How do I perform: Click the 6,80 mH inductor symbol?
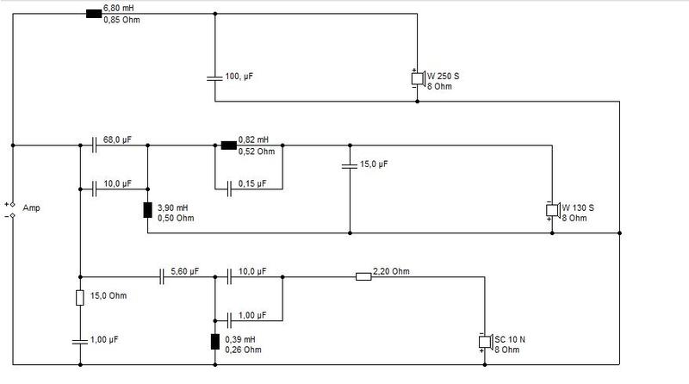click(x=94, y=13)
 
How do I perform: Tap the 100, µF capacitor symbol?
click(x=214, y=77)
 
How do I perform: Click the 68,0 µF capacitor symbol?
click(x=94, y=145)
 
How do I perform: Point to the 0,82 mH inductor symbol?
click(x=228, y=145)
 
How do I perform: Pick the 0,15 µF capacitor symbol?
click(x=228, y=184)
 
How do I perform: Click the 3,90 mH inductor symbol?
click(x=147, y=210)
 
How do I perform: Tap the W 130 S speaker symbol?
click(x=552, y=210)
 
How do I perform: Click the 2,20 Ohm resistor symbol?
click(x=363, y=276)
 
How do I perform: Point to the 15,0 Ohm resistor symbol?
click(x=79, y=298)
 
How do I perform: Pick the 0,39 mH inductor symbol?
click(x=214, y=340)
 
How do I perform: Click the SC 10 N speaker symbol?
click(x=484, y=342)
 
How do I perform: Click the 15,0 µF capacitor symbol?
click(x=350, y=164)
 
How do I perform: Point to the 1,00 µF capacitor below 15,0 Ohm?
click(x=79, y=341)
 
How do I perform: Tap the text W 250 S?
click(x=443, y=77)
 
